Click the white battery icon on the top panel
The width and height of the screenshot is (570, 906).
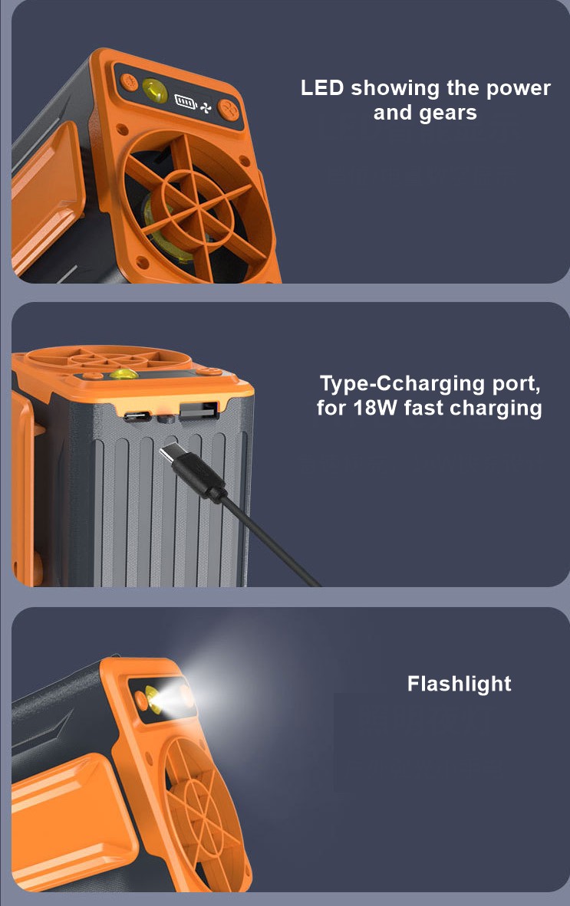[x=185, y=102]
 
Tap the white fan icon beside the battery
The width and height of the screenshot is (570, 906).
[x=206, y=107]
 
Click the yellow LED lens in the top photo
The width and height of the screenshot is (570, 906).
[x=154, y=90]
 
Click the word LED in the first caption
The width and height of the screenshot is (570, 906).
[x=322, y=88]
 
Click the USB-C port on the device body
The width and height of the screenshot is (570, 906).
[x=137, y=416]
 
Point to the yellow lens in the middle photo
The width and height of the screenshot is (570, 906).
[x=124, y=374]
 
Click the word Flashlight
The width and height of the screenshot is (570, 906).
[x=459, y=684]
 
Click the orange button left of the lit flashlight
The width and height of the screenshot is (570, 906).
[x=140, y=701]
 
